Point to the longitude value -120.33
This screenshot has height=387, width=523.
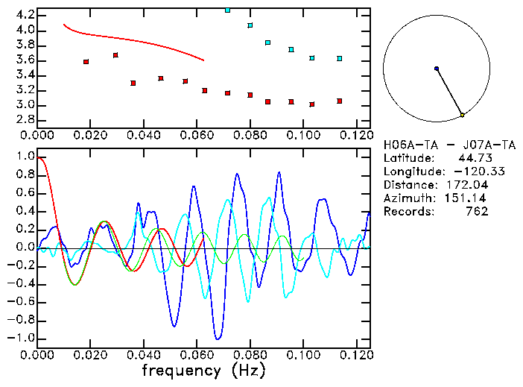[x=463, y=172]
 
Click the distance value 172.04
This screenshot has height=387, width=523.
[x=467, y=185]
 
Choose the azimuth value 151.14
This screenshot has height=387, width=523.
[x=467, y=198]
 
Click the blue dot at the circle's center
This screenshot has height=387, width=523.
[x=437, y=69]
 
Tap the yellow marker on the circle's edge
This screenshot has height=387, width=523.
[x=463, y=115]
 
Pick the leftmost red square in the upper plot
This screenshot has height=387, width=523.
[x=86, y=62]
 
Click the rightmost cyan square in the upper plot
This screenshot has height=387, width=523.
[x=340, y=58]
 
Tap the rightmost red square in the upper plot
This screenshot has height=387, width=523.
[x=340, y=101]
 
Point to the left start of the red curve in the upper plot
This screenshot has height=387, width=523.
[x=64, y=25]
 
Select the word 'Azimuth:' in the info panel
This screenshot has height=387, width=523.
[x=407, y=198]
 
